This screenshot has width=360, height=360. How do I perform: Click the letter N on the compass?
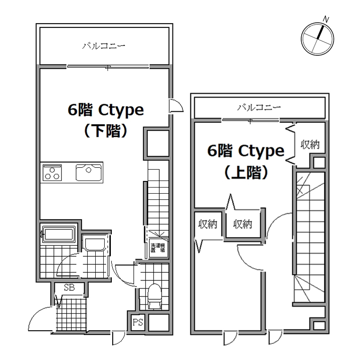[x=326, y=19]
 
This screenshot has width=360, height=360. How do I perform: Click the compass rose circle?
[x=317, y=38]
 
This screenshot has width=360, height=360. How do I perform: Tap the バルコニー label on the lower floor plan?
[x=104, y=46]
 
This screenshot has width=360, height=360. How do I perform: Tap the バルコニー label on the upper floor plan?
[x=259, y=108]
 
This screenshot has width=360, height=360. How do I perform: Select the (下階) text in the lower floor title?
[x=105, y=131]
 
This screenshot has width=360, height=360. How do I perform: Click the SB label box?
[x=68, y=288]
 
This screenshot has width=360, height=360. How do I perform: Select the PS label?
[x=138, y=323]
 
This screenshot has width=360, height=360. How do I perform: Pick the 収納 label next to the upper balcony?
[x=310, y=145]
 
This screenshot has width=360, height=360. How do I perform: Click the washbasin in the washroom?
[x=95, y=244]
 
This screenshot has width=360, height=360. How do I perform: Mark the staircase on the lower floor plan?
[x=156, y=199]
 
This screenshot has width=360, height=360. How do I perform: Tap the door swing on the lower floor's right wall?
[x=176, y=106]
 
